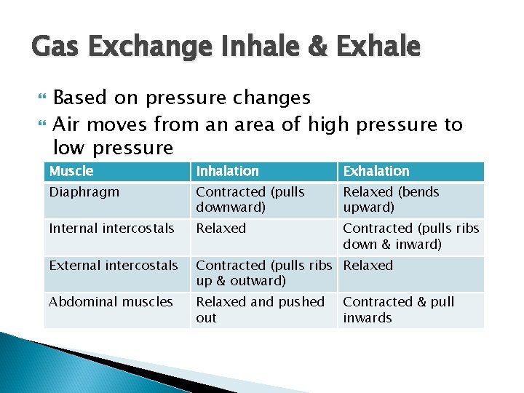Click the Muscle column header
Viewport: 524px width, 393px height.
(x=71, y=171)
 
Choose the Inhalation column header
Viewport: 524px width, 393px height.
(x=228, y=171)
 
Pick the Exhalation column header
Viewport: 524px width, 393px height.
(x=376, y=171)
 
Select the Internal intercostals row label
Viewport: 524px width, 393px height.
(x=111, y=229)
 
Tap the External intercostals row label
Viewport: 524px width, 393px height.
(x=113, y=266)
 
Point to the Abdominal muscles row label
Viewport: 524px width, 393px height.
(x=111, y=302)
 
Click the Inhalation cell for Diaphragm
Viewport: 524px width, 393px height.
(x=250, y=199)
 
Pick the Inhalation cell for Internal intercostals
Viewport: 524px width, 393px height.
(x=221, y=229)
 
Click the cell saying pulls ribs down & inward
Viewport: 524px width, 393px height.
(x=410, y=236)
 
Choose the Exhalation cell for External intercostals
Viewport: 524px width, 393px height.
(x=368, y=266)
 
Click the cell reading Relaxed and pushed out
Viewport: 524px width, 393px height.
(x=260, y=309)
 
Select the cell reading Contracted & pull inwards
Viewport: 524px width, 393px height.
(x=398, y=309)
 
